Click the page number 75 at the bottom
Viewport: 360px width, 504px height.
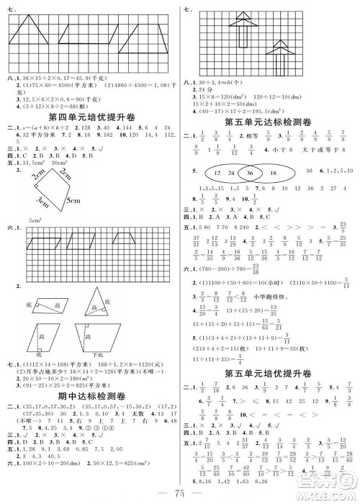click(x=178, y=492)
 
